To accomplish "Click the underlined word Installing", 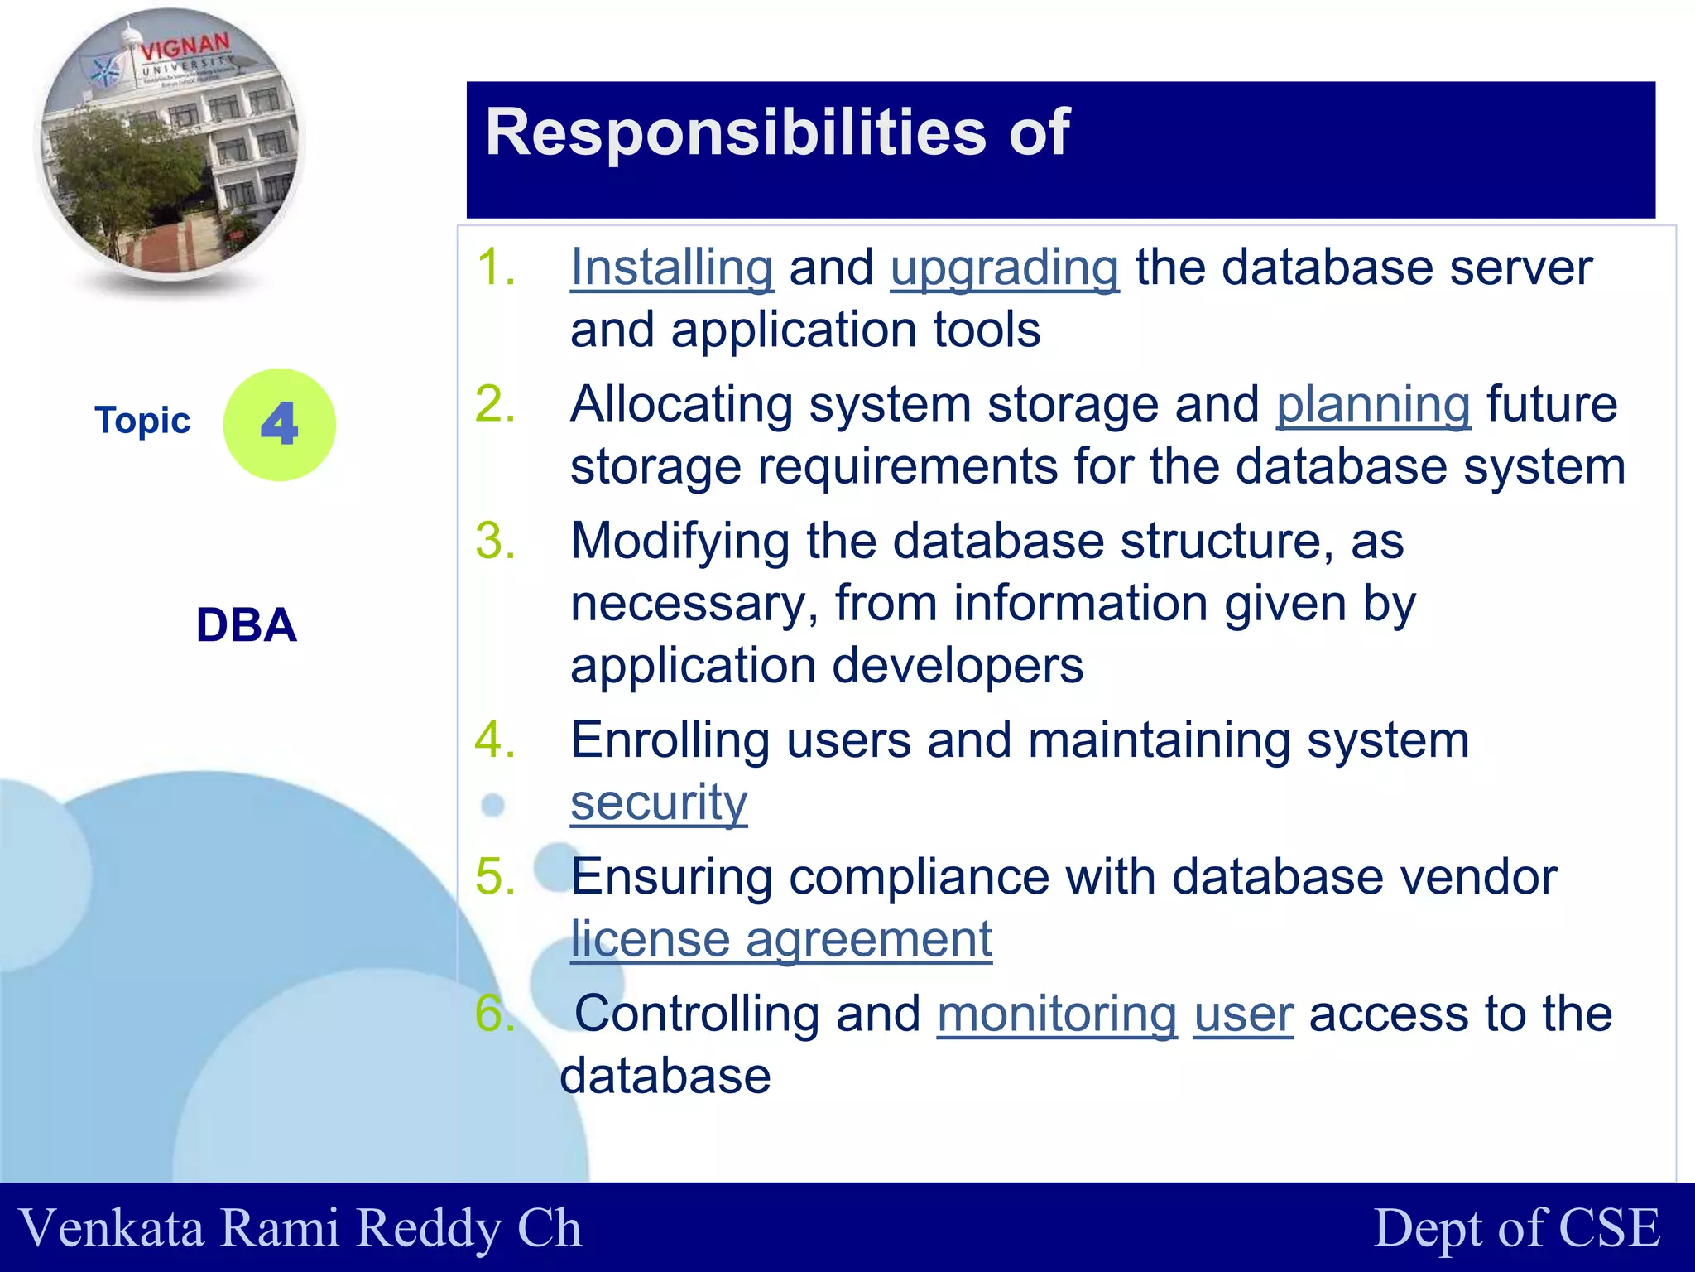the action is pos(671,268).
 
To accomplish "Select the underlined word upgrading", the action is pos(1005,268).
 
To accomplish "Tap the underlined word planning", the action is pos(1373,405).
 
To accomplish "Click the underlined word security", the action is pos(659,802).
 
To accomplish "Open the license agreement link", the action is pos(780,939).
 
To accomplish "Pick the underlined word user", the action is pos(1243,1015).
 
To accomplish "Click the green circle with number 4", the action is pos(280,425).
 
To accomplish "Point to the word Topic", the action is pos(142,421).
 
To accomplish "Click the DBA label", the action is pos(246,625).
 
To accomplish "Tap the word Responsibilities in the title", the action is pos(735,132).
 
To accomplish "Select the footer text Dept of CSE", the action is pos(1516,1227).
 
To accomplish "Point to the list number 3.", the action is pos(495,542).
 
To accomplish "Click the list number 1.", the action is pos(495,268).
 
